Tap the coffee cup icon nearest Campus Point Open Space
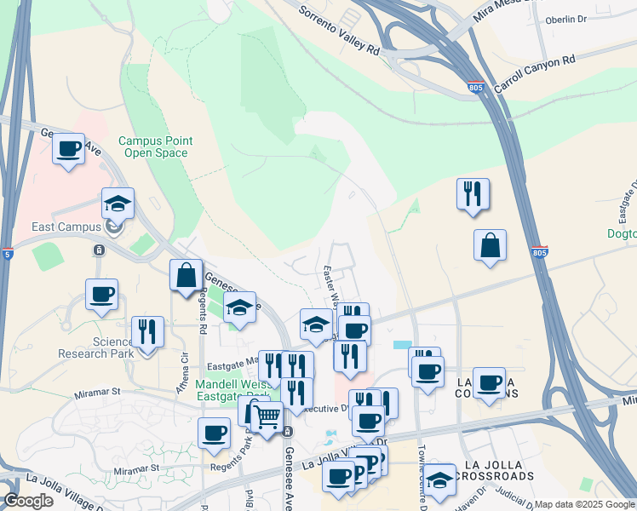(x=68, y=149)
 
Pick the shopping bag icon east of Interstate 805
(x=491, y=246)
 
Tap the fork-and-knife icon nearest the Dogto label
(x=472, y=194)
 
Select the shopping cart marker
(x=267, y=417)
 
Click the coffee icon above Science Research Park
(x=101, y=296)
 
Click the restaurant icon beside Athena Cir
(x=148, y=333)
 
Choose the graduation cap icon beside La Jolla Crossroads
(x=440, y=480)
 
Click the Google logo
(x=28, y=501)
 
